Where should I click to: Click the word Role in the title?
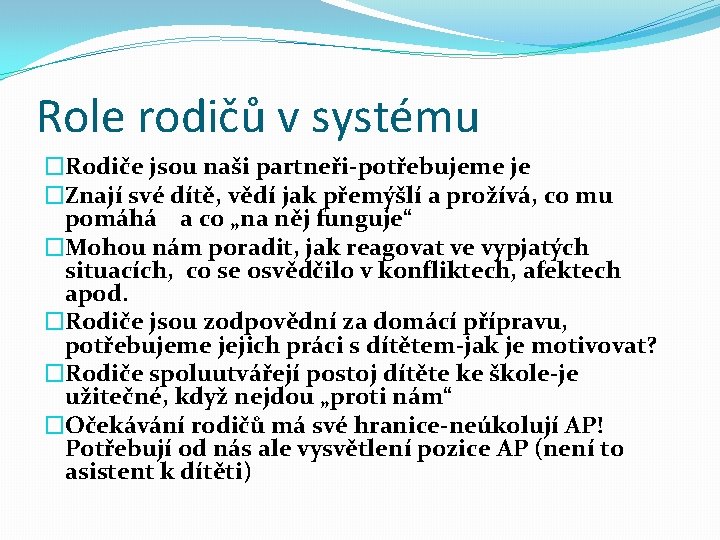point(80,116)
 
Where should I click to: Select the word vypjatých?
point(537,247)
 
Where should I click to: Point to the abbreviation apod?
point(96,294)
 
